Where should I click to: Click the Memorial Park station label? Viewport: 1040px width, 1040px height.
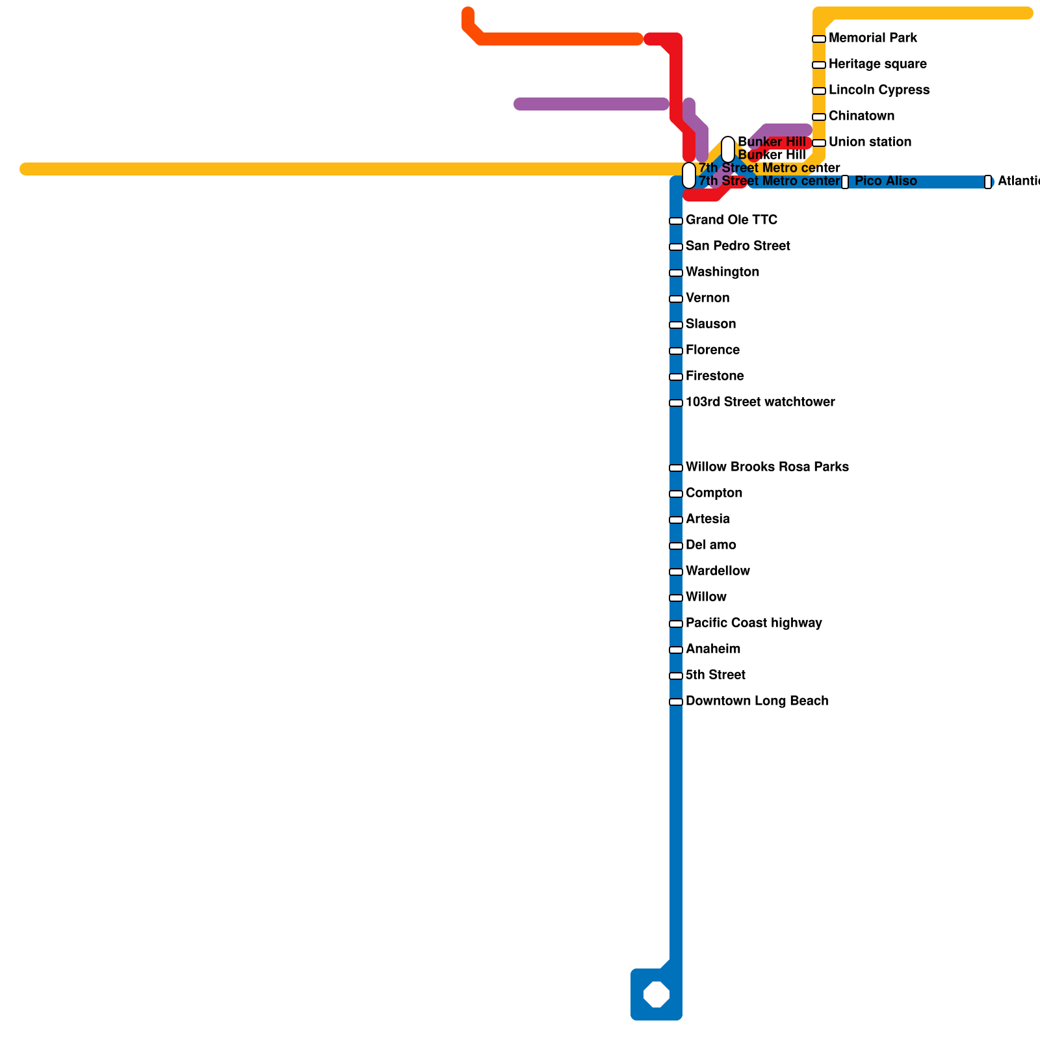click(x=872, y=38)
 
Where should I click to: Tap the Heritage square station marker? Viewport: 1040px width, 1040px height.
click(x=819, y=65)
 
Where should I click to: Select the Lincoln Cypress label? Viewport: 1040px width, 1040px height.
click(x=879, y=90)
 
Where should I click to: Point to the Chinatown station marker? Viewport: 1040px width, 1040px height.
click(x=819, y=117)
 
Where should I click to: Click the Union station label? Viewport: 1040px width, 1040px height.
click(x=870, y=142)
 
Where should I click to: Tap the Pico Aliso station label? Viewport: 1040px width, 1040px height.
click(x=885, y=181)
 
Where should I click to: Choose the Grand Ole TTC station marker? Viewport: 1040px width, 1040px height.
click(x=676, y=221)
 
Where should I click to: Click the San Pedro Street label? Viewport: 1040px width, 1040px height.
click(x=738, y=246)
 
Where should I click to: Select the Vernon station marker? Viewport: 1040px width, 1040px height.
click(x=676, y=299)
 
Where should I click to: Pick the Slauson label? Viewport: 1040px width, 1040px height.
click(x=710, y=324)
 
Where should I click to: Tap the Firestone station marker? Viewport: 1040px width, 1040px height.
click(x=676, y=377)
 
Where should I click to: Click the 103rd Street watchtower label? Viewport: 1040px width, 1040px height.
click(x=760, y=402)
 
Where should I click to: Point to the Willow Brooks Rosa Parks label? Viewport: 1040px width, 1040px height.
click(x=767, y=467)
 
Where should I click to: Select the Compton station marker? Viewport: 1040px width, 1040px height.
click(x=676, y=494)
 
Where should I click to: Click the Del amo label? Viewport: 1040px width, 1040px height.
click(x=710, y=545)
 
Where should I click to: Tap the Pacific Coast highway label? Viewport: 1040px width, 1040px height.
click(x=753, y=623)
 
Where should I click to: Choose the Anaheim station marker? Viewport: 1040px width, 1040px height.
click(x=676, y=650)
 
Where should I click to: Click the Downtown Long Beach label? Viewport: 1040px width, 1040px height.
click(x=757, y=701)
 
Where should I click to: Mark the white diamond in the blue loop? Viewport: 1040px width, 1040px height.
click(x=656, y=994)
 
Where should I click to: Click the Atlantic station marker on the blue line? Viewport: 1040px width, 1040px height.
click(x=988, y=182)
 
